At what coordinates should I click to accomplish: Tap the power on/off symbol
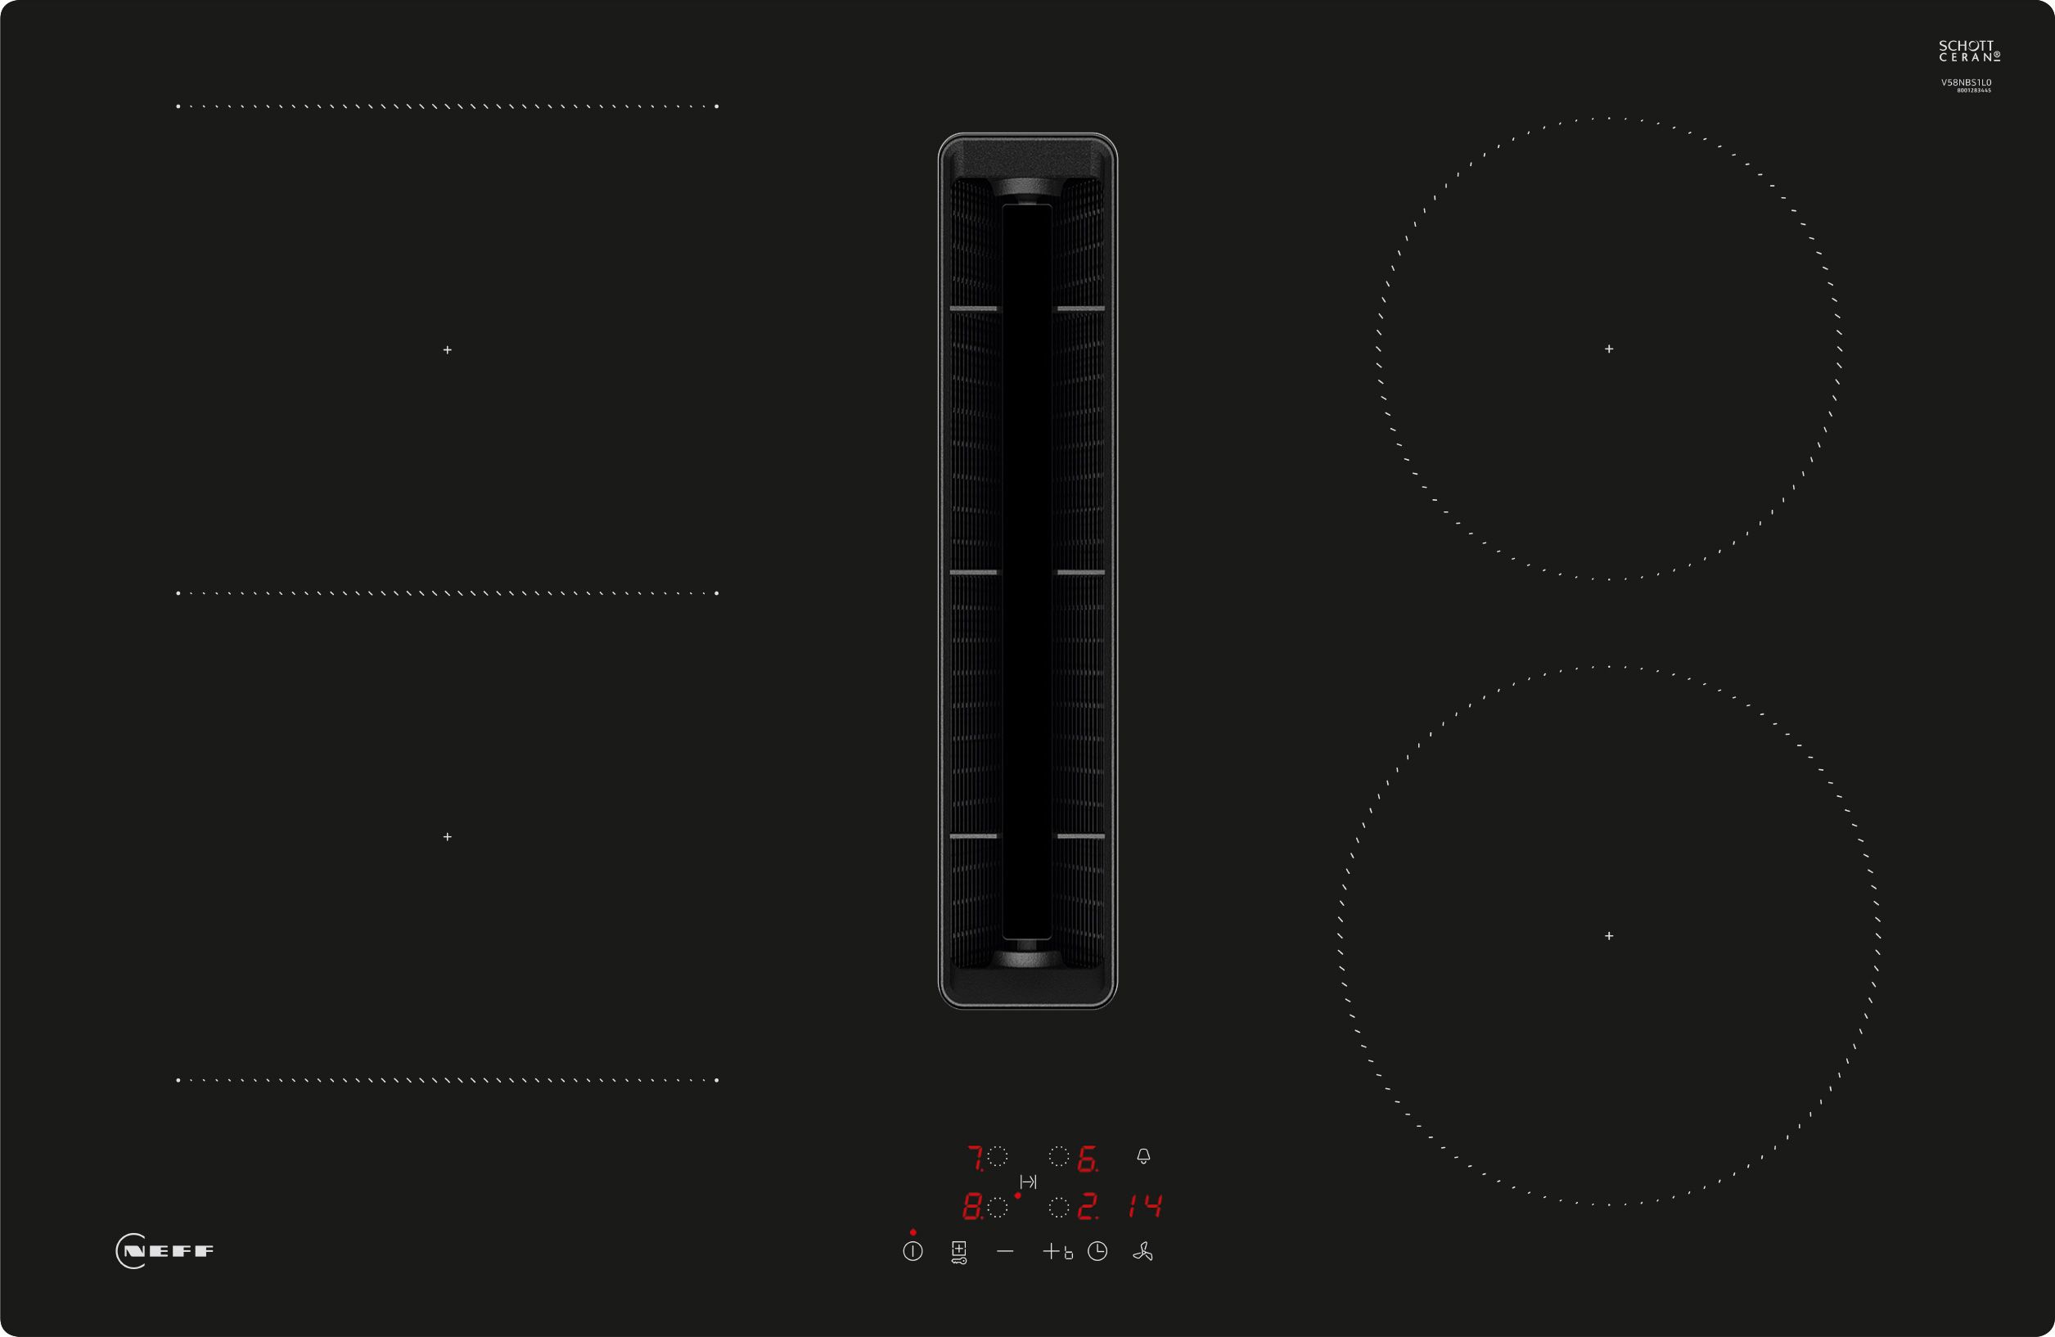(x=913, y=1251)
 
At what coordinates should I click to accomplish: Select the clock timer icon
(x=1097, y=1251)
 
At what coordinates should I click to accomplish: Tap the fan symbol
(x=1142, y=1251)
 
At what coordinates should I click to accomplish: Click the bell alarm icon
(x=1143, y=1155)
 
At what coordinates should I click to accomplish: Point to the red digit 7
(x=975, y=1158)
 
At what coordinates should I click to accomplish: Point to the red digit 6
(x=1087, y=1159)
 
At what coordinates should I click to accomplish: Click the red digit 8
(x=972, y=1206)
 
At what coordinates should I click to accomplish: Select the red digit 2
(x=1087, y=1206)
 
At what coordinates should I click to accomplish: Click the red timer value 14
(x=1146, y=1206)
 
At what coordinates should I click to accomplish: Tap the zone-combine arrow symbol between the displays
(x=1028, y=1182)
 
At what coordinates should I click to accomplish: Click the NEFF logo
(x=165, y=1251)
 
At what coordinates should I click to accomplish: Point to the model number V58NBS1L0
(x=1967, y=83)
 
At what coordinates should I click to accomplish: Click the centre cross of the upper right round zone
(x=1609, y=349)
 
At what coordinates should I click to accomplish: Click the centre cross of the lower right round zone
(x=1609, y=935)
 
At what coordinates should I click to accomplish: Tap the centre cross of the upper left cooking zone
(x=448, y=349)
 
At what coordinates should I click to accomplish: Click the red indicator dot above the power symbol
(x=913, y=1231)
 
